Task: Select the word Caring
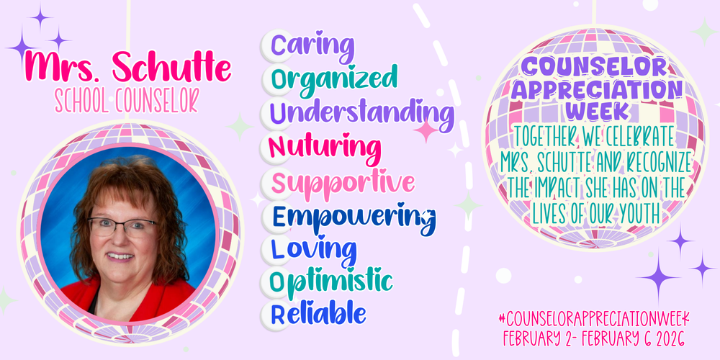(308, 47)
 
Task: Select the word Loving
(312, 249)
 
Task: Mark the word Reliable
(318, 314)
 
